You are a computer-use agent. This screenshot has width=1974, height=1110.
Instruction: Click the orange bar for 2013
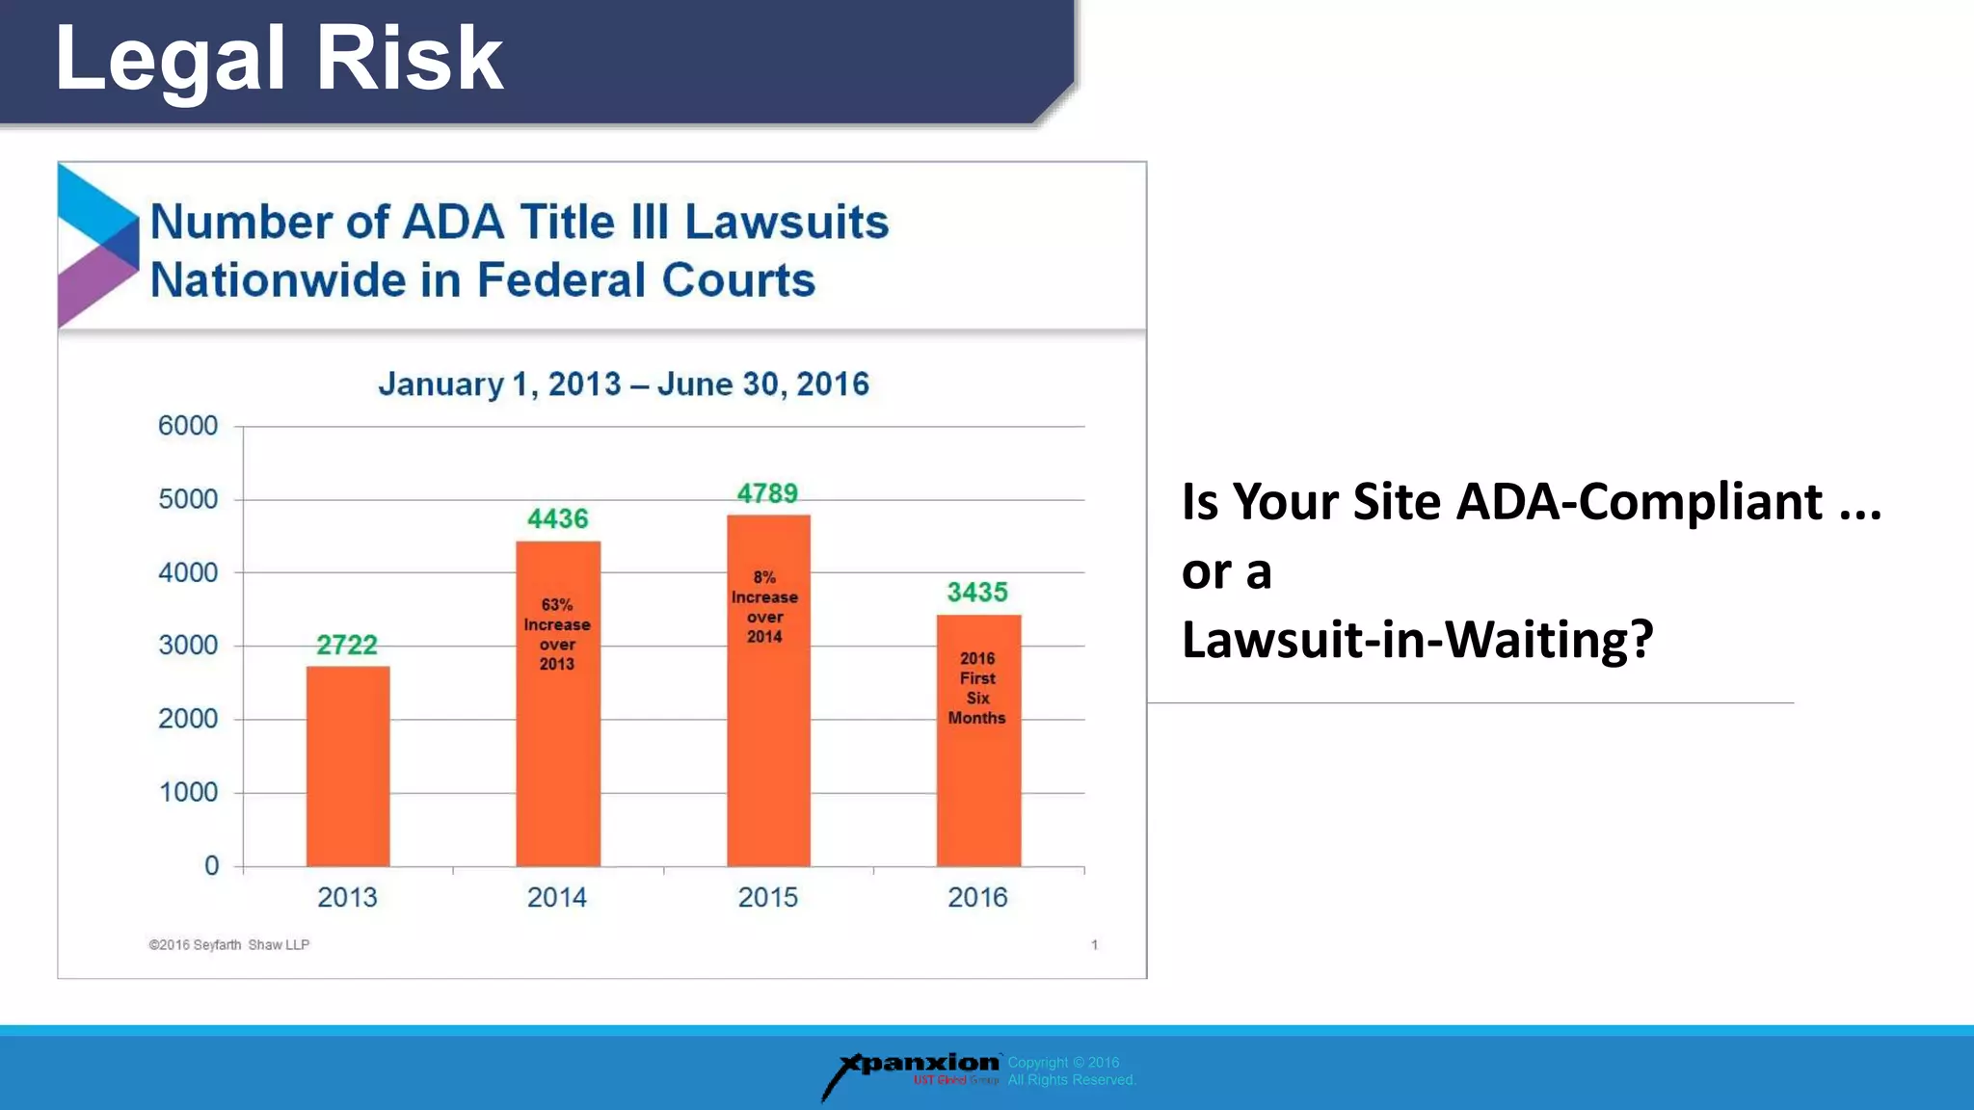coord(348,766)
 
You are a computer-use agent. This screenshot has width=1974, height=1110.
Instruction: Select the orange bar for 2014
coord(557,752)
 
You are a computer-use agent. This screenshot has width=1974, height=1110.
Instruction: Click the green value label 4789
coord(767,493)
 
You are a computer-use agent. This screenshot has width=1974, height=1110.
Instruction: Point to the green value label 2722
coord(347,645)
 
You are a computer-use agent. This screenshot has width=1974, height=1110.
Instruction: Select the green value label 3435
coord(977,592)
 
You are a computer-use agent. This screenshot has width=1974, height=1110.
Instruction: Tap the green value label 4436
coord(557,518)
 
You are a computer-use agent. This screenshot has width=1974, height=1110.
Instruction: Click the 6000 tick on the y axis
coord(188,426)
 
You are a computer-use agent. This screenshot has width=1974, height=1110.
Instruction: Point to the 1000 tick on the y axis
coord(188,792)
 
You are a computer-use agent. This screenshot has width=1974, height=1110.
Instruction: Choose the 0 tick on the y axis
coord(211,865)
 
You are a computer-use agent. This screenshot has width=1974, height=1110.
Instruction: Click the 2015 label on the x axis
coord(767,897)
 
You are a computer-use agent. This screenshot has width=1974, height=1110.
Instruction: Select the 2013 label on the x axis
coord(347,897)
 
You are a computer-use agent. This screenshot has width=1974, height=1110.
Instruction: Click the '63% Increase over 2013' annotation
coord(557,634)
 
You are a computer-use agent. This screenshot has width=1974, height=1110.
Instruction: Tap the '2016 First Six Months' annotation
coord(977,688)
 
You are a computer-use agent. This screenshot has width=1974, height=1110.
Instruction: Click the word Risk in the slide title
coord(409,60)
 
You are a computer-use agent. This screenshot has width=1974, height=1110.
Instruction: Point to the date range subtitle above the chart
coord(624,383)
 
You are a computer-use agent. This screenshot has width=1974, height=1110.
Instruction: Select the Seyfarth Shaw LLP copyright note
coord(229,944)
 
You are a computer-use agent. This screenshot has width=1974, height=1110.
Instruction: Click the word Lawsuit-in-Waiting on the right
coord(1417,640)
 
